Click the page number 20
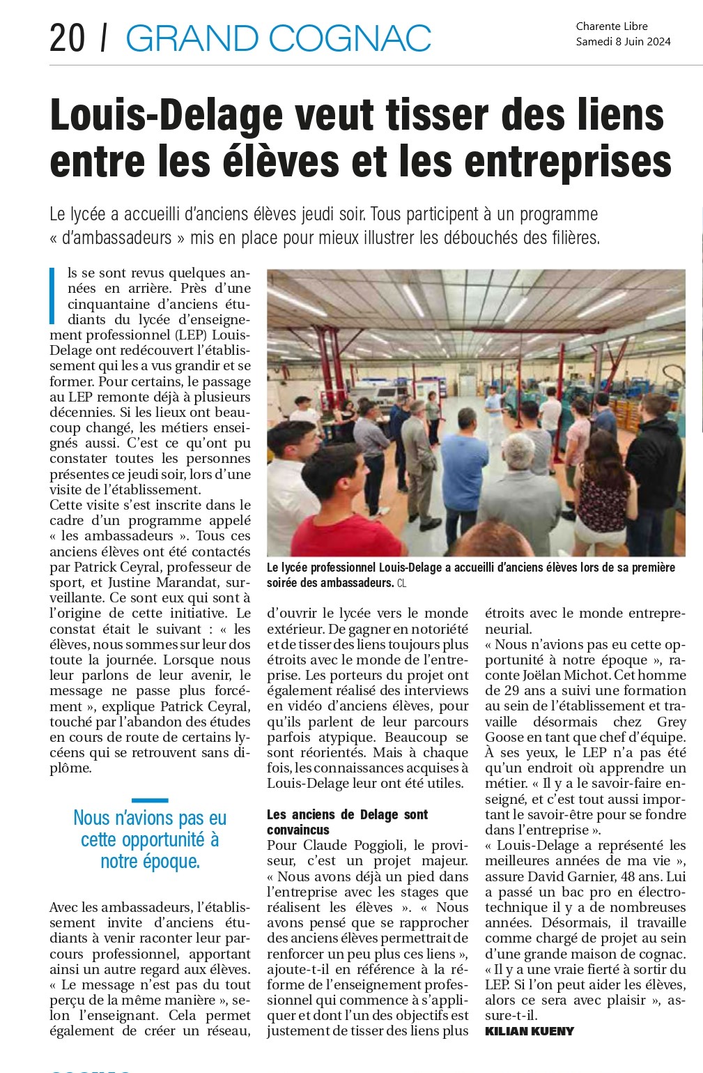coord(67,38)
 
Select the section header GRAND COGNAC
coord(278,38)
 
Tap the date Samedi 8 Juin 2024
coord(623,42)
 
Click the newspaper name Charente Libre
coord(612,26)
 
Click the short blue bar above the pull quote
coord(150,800)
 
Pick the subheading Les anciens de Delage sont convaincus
coord(347,822)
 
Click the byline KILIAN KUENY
coord(530,1031)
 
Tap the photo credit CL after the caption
coord(401,583)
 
